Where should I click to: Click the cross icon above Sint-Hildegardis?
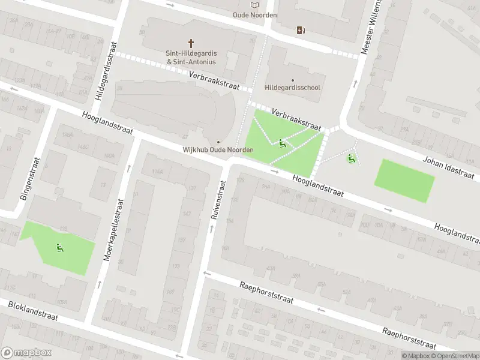click(192, 43)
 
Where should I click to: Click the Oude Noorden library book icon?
click(254, 5)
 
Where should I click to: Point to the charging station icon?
click(301, 30)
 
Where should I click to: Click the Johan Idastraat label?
click(448, 166)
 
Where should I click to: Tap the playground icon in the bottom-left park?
click(59, 248)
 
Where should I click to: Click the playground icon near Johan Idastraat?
click(350, 159)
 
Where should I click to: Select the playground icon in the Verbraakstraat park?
click(282, 143)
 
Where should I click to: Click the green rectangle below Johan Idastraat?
click(404, 181)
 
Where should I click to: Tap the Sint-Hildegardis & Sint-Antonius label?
click(191, 58)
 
